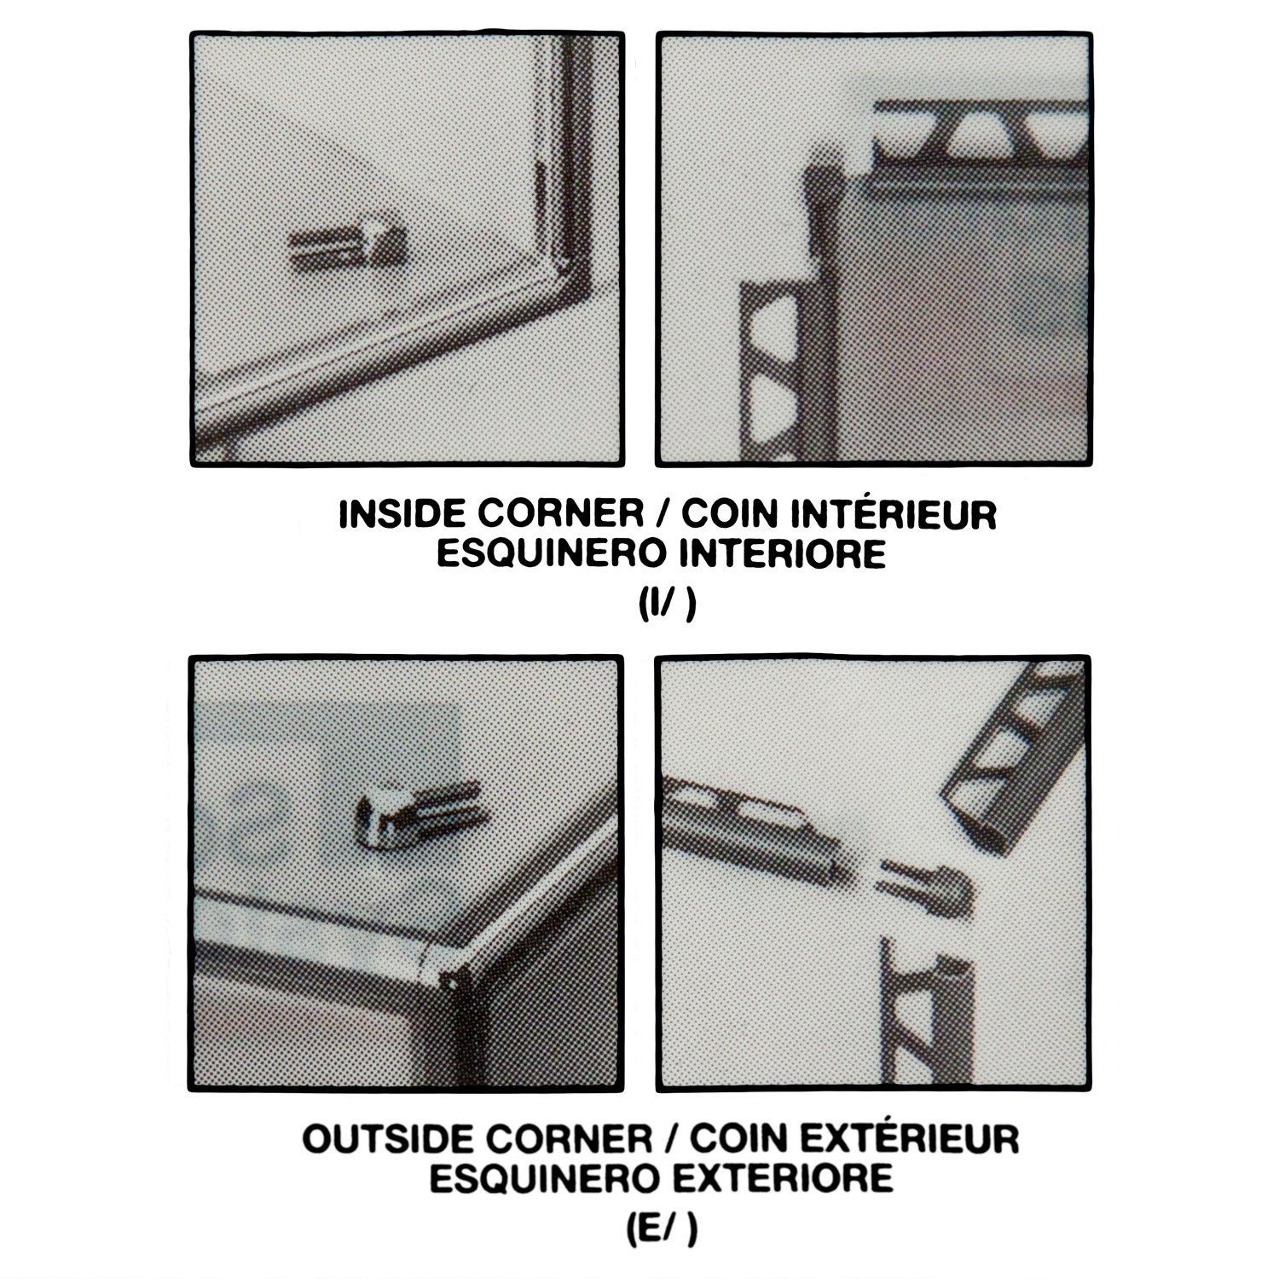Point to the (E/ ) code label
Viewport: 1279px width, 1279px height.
click(x=668, y=1229)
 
